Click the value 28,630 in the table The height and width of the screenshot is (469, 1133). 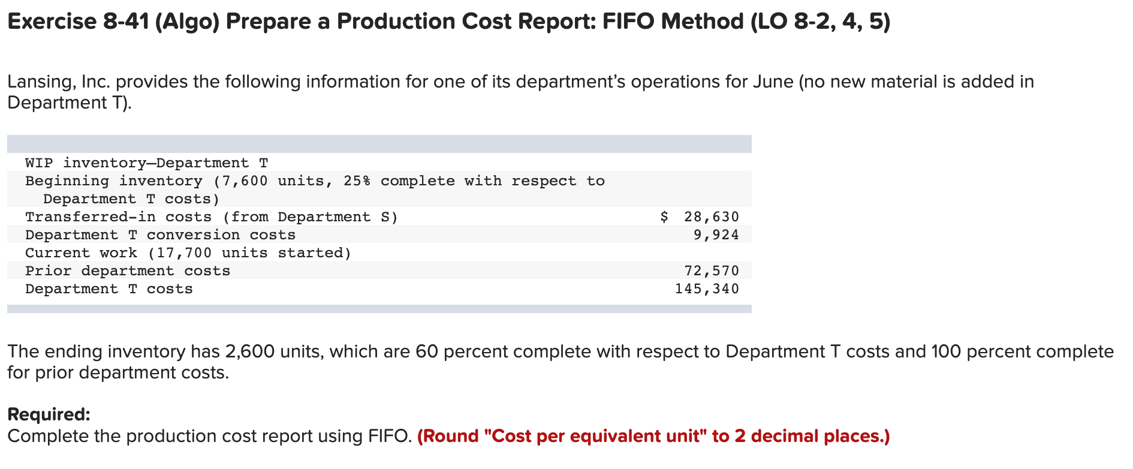point(712,217)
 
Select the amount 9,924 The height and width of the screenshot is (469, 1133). point(716,235)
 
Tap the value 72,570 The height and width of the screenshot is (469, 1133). point(712,270)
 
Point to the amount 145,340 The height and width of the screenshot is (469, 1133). point(707,288)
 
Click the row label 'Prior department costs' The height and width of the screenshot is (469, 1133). point(128,270)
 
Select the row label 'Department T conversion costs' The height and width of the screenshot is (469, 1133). point(160,235)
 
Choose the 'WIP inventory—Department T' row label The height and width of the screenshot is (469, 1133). point(146,163)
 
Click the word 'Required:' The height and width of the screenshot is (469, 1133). point(49,414)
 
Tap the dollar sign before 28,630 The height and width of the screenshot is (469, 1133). point(664,217)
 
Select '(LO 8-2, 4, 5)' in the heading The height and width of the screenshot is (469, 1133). point(820,22)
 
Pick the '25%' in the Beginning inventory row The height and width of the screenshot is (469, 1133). point(357,181)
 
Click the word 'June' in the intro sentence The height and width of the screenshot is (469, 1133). point(773,82)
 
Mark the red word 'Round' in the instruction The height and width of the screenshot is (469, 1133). point(453,436)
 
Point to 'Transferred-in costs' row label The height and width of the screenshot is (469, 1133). point(118,217)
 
